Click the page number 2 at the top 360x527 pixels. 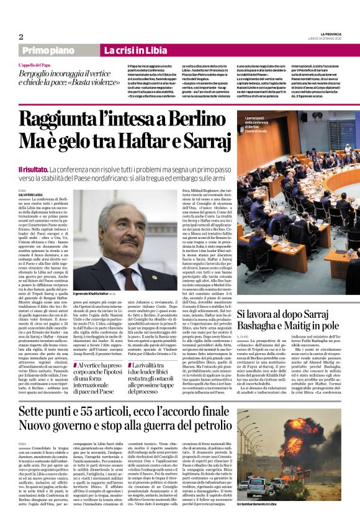[x=21, y=37]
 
